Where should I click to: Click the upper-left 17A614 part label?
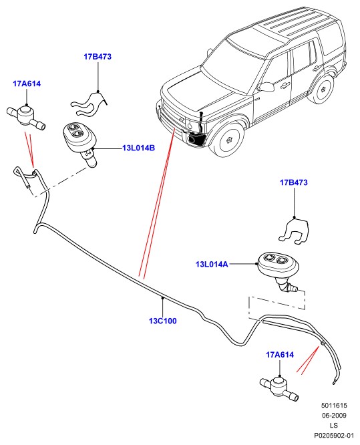(27, 84)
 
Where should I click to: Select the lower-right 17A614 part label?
(280, 355)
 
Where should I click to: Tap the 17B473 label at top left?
(98, 57)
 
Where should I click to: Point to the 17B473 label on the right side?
(294, 182)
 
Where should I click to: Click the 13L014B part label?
(139, 148)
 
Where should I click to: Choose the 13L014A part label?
(212, 264)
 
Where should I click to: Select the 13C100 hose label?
(163, 321)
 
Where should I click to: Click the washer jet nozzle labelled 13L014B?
(80, 142)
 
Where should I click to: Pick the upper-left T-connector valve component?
(25, 116)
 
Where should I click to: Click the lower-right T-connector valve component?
(279, 387)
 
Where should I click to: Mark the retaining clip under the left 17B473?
(89, 104)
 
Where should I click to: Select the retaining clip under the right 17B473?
(294, 231)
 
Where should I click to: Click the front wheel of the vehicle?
(228, 140)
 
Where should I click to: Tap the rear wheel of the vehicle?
(323, 90)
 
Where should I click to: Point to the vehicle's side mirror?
(266, 87)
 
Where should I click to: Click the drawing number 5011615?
(334, 406)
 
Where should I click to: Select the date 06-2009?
(334, 415)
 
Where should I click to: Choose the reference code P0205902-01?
(334, 435)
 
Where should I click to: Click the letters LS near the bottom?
(334, 425)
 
